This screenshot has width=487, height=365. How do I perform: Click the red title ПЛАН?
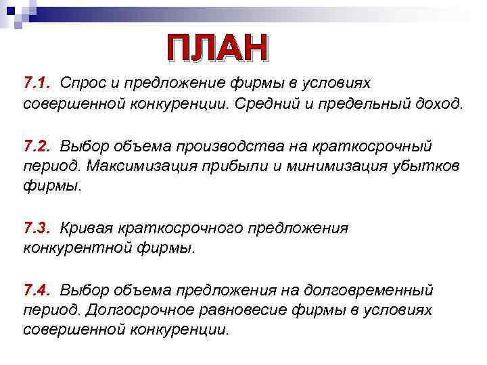pyautogui.click(x=218, y=49)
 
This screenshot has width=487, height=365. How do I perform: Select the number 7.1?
pyautogui.click(x=38, y=83)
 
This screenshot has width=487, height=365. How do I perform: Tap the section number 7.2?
pyautogui.click(x=38, y=147)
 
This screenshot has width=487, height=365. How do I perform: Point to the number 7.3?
pyautogui.click(x=38, y=228)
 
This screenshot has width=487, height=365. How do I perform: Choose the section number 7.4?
pyautogui.click(x=38, y=291)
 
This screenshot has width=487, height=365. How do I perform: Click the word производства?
pyautogui.click(x=230, y=147)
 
